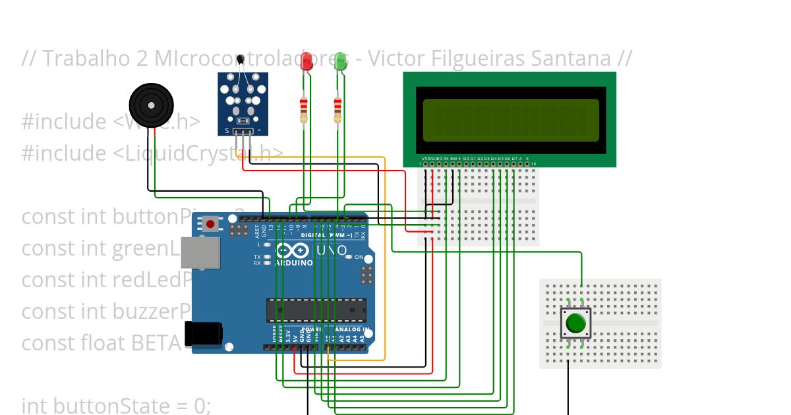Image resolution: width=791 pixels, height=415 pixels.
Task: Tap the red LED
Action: pos(307,62)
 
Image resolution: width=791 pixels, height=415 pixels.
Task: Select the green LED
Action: pos(340,62)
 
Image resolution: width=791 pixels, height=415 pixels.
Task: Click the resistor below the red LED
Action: pos(303,108)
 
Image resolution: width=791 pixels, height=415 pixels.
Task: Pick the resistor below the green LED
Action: pos(337,108)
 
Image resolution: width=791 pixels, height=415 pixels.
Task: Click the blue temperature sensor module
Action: pos(243,99)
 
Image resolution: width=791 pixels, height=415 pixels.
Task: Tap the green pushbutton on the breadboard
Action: pos(575,323)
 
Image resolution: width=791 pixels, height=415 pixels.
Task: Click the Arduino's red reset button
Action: pos(210,224)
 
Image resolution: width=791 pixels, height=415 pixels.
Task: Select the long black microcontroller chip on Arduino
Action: pos(316,310)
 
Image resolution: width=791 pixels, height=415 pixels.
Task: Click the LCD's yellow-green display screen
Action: pos(511,120)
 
